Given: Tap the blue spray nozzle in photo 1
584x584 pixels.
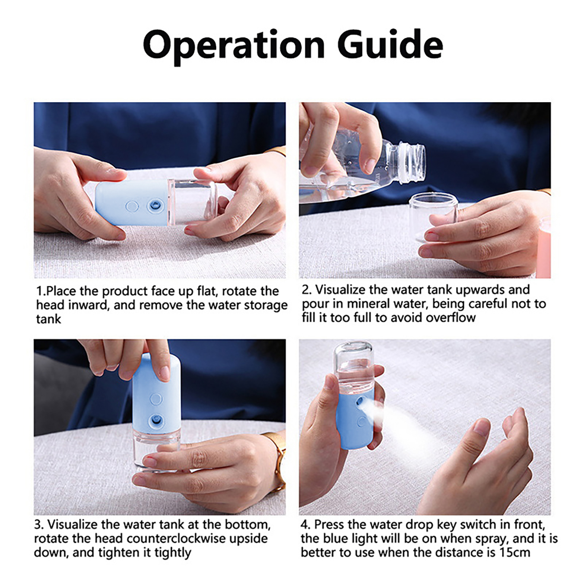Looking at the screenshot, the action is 154,206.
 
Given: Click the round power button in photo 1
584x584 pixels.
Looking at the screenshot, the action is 132,207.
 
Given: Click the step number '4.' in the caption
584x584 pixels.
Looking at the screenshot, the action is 306,525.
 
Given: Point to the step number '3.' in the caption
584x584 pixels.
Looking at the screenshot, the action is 39,525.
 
